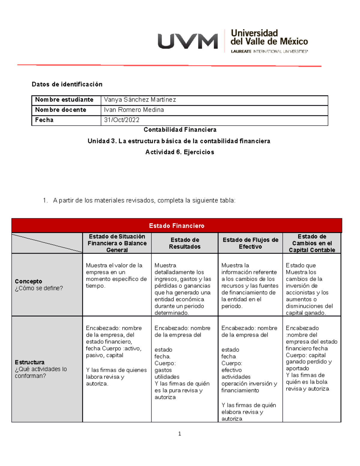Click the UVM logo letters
(x=188, y=41)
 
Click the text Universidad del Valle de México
(x=269, y=37)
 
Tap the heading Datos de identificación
(x=67, y=84)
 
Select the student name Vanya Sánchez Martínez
(x=140, y=100)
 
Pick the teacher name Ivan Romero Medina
(x=134, y=110)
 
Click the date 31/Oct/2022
(x=121, y=120)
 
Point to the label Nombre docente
(x=61, y=110)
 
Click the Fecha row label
(x=44, y=120)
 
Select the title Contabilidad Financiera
(x=180, y=130)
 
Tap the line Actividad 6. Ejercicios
(x=180, y=152)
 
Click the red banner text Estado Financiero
(x=176, y=226)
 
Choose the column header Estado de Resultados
(x=184, y=243)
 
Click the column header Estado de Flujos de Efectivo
(x=250, y=243)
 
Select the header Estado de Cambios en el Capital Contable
(x=312, y=243)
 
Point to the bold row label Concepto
(x=28, y=281)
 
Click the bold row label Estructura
(x=29, y=362)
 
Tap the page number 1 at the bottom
(x=179, y=434)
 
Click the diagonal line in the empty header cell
(x=47, y=243)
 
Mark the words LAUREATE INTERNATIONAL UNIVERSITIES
(x=269, y=52)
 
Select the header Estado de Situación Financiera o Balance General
(x=117, y=243)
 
